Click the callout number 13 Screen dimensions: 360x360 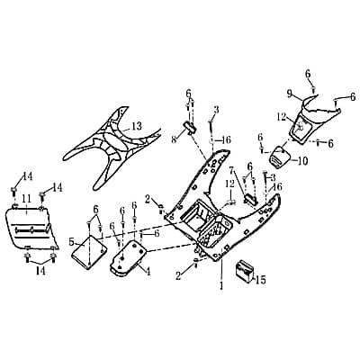coord(137,126)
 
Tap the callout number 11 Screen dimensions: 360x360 coord(26,198)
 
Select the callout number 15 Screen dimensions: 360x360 coord(261,280)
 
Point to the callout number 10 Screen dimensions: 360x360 coord(302,161)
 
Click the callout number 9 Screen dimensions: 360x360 coord(289,94)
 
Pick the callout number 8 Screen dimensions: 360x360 coord(174,139)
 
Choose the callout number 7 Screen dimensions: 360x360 coord(231,170)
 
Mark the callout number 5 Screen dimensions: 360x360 coord(71,241)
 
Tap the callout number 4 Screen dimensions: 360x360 coord(148,272)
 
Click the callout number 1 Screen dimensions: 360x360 coord(221,285)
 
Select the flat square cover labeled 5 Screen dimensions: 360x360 coord(89,252)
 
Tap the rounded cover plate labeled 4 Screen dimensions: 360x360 coord(129,257)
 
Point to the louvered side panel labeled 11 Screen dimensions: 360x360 coord(31,227)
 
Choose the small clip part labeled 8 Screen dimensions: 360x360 coord(188,129)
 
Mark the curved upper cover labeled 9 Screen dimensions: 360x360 coord(315,119)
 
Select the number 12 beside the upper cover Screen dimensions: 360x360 coord(281,118)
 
